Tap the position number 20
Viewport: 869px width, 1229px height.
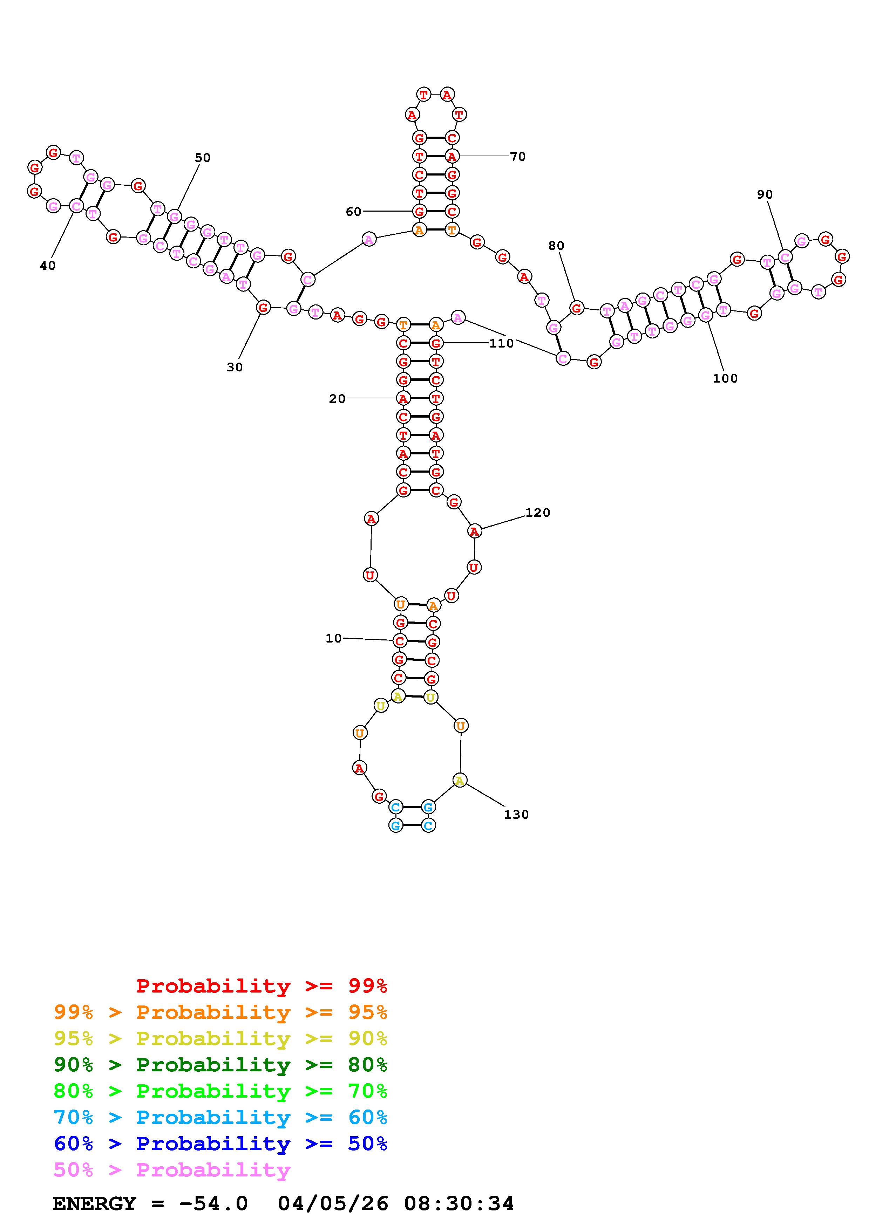click(x=337, y=398)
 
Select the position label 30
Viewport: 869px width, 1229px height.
click(x=235, y=367)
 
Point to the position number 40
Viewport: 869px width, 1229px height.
click(x=48, y=266)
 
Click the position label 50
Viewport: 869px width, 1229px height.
click(x=202, y=157)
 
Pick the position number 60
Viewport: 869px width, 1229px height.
click(x=353, y=212)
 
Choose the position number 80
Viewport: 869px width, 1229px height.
click(x=556, y=246)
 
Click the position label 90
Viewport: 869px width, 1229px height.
click(x=765, y=195)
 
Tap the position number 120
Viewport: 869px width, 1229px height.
click(x=538, y=513)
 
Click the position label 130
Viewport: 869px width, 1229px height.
click(x=516, y=815)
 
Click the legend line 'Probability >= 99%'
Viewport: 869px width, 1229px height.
click(x=262, y=986)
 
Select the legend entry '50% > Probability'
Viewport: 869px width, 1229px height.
click(x=172, y=1170)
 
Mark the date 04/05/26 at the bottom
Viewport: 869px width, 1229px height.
click(x=333, y=1204)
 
